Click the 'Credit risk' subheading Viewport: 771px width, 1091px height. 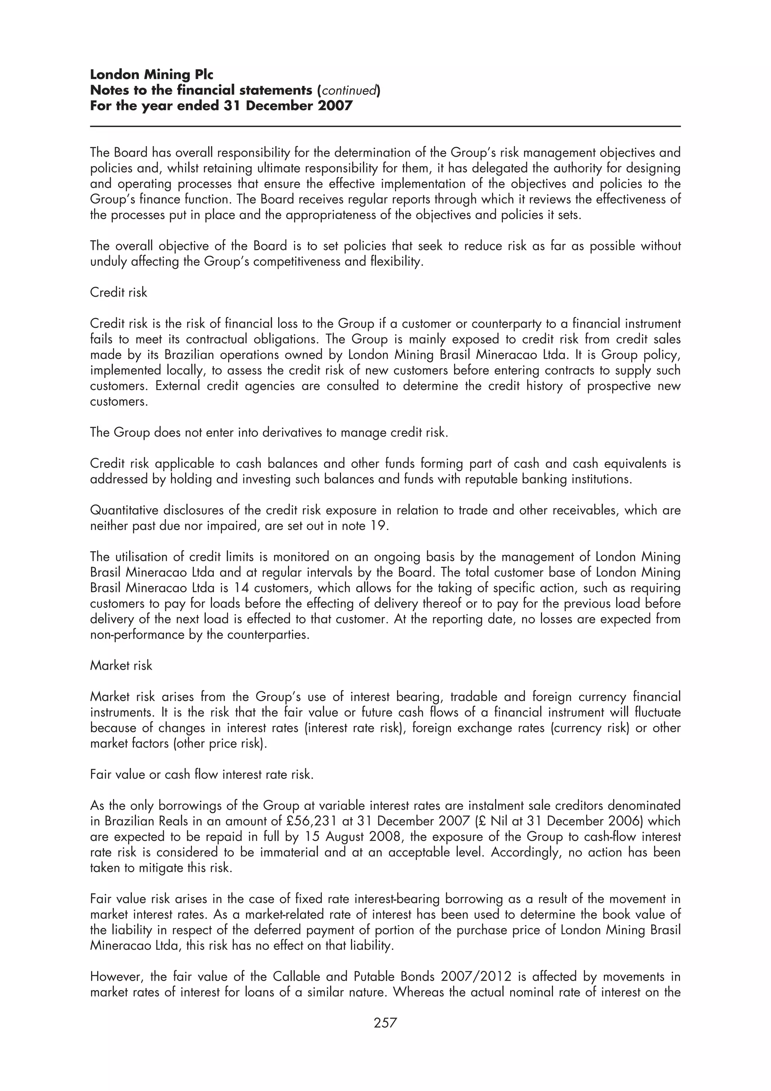coord(118,292)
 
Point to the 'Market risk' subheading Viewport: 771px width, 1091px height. coord(121,665)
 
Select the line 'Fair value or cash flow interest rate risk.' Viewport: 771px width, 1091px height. coord(202,774)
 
